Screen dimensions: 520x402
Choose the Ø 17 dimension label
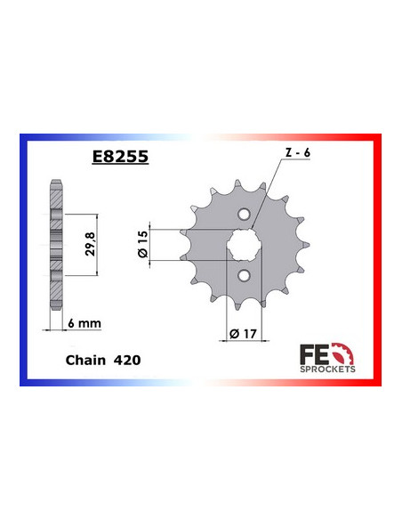point(239,335)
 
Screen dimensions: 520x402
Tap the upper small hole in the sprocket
point(245,213)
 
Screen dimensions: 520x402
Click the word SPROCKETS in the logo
point(330,367)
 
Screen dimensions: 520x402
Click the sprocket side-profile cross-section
point(58,240)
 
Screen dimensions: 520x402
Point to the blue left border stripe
point(23,258)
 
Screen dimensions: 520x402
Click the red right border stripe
point(379,258)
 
